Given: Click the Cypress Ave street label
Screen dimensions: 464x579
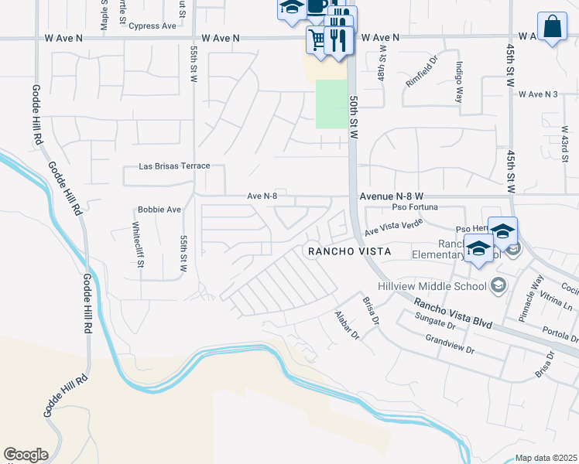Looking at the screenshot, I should point(153,26).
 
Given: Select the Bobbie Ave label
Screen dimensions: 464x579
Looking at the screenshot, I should point(159,210).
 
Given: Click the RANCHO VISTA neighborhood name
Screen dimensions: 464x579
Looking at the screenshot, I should point(349,251).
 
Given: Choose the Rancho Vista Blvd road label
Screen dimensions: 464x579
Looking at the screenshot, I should point(451,314).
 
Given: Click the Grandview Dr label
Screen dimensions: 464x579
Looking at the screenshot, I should point(450,344).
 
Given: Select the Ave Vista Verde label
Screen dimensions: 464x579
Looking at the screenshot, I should point(394,226).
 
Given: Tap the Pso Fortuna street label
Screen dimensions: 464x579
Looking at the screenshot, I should point(415,207).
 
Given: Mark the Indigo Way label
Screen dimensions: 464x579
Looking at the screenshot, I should point(459,83).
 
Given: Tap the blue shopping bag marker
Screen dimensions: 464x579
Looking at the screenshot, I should point(552,26).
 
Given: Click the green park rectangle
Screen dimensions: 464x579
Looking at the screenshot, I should point(331,104).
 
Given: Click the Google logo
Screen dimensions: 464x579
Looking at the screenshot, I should point(26,455).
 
